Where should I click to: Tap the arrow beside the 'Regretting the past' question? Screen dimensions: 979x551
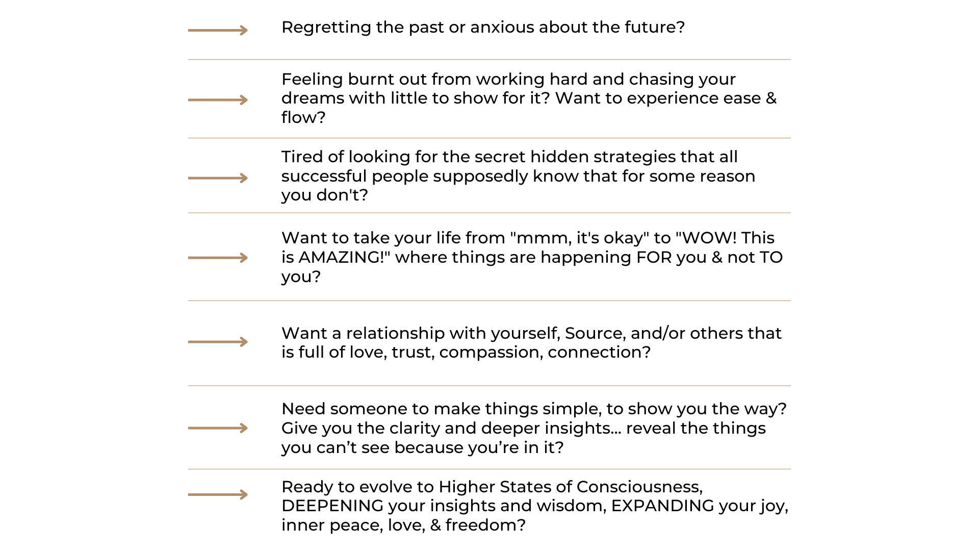218,31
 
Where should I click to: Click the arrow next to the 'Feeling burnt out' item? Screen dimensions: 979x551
218,100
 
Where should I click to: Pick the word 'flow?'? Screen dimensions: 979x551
303,118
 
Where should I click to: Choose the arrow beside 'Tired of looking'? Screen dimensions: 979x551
218,178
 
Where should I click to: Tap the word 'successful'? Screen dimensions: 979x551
324,177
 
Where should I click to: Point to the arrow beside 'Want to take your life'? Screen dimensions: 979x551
218,258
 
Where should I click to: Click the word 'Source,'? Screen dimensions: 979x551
595,334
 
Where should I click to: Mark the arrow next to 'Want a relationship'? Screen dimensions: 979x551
218,342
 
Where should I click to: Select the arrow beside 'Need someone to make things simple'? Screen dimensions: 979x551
218,428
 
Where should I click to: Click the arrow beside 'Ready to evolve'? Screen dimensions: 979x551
218,494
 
